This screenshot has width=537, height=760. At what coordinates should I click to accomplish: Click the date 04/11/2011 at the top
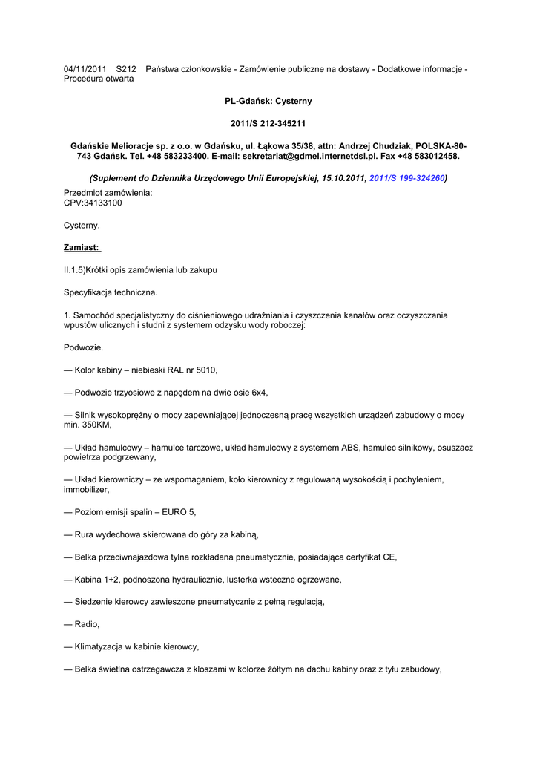pyautogui.click(x=85, y=69)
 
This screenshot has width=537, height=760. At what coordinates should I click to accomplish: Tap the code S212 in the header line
pyautogui.click(x=127, y=69)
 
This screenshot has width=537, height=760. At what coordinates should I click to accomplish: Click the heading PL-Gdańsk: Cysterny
pyautogui.click(x=268, y=101)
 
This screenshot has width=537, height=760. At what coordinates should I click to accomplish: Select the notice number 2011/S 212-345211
pyautogui.click(x=268, y=123)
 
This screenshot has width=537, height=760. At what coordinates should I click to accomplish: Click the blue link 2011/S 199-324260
pyautogui.click(x=407, y=179)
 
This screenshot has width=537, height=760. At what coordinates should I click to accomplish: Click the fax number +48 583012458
pyautogui.click(x=431, y=157)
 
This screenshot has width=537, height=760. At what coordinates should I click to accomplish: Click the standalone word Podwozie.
pyautogui.click(x=83, y=347)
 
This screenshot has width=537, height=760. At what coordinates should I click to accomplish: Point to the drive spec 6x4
pyautogui.click(x=260, y=392)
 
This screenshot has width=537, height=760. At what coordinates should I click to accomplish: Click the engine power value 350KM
pyautogui.click(x=96, y=425)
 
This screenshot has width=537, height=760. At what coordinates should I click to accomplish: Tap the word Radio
pyautogui.click(x=87, y=624)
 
